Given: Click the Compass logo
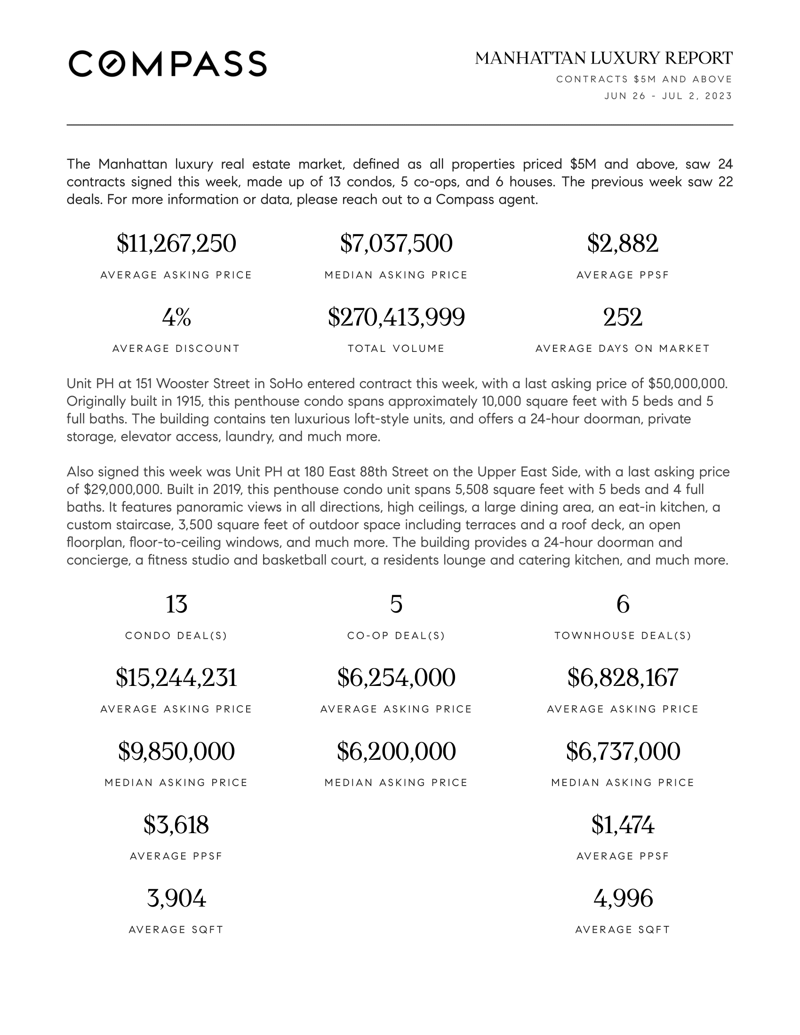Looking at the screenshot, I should (168, 64).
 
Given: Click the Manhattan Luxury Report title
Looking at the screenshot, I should (603, 58).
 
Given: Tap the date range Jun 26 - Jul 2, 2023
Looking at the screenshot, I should (668, 96).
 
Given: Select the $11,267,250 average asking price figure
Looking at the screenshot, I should (176, 244).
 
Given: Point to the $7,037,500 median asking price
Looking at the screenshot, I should (396, 244).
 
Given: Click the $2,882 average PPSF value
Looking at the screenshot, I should (622, 244).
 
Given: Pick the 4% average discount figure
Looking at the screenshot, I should (176, 317).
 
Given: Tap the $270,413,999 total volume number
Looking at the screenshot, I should (396, 317).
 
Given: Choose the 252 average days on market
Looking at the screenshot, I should (622, 317).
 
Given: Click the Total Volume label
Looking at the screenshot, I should (396, 349).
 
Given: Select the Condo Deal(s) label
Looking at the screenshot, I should (176, 636).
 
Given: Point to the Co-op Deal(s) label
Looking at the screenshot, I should (396, 636).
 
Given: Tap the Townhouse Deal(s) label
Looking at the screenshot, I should (622, 636).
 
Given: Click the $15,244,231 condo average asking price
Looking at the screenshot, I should (176, 677).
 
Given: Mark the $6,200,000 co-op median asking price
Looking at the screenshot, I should (396, 751).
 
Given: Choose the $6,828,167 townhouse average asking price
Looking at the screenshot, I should (622, 677).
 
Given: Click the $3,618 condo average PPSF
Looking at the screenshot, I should (176, 825).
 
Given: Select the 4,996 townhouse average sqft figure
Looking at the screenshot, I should (622, 898).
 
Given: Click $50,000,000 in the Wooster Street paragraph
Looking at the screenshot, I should (687, 383).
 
